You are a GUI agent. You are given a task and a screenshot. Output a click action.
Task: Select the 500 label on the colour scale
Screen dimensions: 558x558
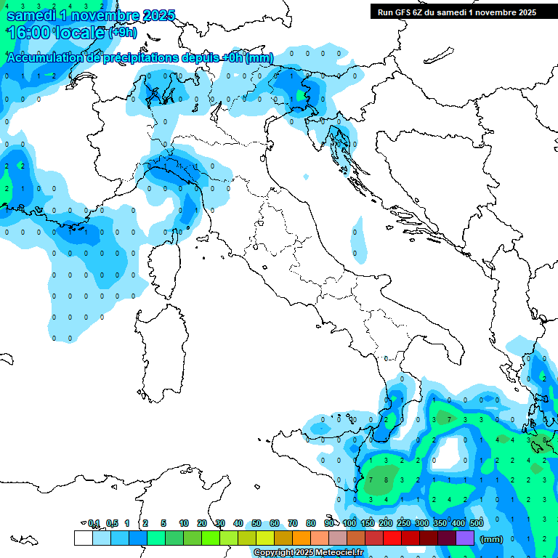[477, 523]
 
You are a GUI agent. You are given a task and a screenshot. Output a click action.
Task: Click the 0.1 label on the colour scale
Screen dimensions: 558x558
[94, 523]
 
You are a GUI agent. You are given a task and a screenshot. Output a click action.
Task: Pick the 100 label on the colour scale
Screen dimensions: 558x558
[349, 523]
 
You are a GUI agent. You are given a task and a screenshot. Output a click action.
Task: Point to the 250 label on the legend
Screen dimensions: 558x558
[404, 523]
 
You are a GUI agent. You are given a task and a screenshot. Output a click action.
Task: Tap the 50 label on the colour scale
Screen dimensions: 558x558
[256, 523]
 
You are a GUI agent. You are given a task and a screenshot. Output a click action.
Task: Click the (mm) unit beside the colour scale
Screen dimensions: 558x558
[492, 539]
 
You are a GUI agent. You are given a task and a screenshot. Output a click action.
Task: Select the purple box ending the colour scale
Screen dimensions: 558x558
[465, 538]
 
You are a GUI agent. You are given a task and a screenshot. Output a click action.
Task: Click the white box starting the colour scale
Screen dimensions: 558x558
[83, 538]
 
